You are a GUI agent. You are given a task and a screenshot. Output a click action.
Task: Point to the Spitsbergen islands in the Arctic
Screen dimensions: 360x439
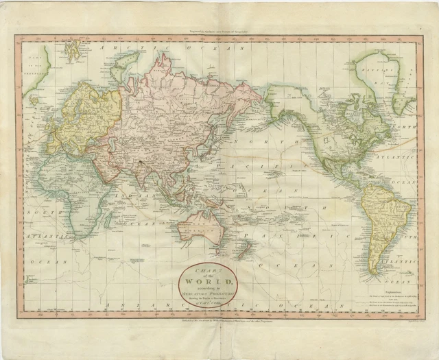pyautogui.click(x=72, y=49)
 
